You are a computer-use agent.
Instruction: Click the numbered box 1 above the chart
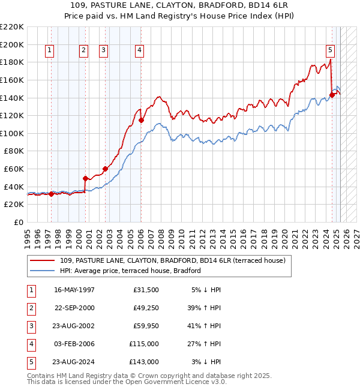pyautogui.click(x=49, y=50)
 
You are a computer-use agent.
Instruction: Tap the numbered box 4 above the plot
pyautogui.click(x=139, y=50)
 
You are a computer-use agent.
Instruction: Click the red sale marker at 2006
pyautogui.click(x=142, y=120)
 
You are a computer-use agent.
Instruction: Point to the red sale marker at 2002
pyautogui.click(x=105, y=169)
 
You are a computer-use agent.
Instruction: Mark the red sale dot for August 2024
pyautogui.click(x=332, y=95)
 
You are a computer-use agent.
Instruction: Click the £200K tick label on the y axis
pyautogui.click(x=12, y=44)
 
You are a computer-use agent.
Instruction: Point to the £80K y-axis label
pyautogui.click(x=14, y=151)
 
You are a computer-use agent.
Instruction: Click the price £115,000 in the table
pyautogui.click(x=145, y=344)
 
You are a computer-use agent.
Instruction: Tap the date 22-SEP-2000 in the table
pyautogui.click(x=74, y=308)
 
